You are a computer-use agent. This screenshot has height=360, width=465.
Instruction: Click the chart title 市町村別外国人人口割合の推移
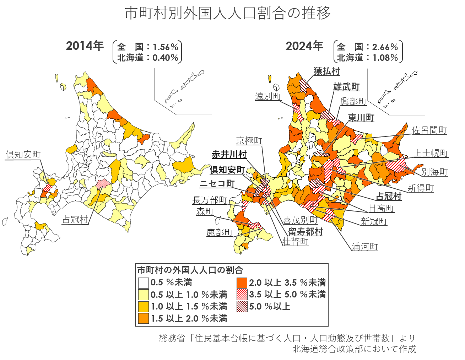coord(228,14)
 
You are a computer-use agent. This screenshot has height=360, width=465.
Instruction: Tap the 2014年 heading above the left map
coord(85,46)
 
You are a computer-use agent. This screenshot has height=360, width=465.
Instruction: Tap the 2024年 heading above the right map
coord(304,46)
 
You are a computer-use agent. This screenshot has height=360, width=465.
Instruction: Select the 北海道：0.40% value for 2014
coord(147,58)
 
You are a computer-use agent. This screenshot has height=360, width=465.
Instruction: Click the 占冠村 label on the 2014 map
coord(75,220)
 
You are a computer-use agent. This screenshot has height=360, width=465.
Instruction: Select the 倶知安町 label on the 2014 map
coord(23,155)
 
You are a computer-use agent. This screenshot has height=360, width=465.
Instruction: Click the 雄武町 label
coord(346,87)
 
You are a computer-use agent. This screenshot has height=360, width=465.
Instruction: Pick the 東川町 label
coord(361,118)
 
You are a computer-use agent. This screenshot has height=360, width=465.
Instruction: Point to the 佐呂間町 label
coord(429,130)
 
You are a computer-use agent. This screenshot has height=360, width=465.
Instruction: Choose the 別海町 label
coord(434,172)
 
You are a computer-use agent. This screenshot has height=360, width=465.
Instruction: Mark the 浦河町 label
coord(365,247)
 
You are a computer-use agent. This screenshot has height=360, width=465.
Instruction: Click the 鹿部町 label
coord(220,232)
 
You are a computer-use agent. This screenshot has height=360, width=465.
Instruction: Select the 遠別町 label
coord(268,96)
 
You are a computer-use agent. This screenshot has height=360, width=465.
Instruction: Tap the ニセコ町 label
coord(217,183)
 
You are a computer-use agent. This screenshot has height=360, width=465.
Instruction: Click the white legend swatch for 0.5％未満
coord(144,283)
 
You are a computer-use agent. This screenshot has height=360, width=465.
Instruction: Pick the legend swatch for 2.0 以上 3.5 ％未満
coord(242,283)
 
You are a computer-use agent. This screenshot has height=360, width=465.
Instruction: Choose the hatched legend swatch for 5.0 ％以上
coord(242,307)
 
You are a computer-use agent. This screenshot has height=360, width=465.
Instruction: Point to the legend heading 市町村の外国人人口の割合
coord(190,270)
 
